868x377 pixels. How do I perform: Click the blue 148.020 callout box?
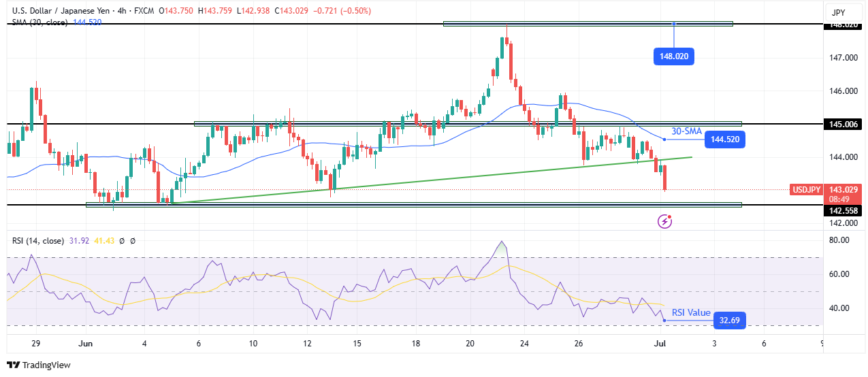click(x=674, y=56)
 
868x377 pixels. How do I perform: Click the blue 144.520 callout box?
click(x=725, y=140)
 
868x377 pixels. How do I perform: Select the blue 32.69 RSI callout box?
click(x=729, y=320)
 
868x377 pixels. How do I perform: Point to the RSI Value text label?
click(x=691, y=313)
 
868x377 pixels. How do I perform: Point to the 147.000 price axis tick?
click(x=842, y=58)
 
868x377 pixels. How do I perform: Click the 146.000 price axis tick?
click(x=842, y=91)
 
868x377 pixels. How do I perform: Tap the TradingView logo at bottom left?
click(x=39, y=365)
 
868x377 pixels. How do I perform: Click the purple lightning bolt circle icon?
click(x=665, y=221)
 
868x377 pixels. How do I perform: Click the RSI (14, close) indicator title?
click(x=37, y=241)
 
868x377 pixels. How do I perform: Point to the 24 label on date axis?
click(x=524, y=344)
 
